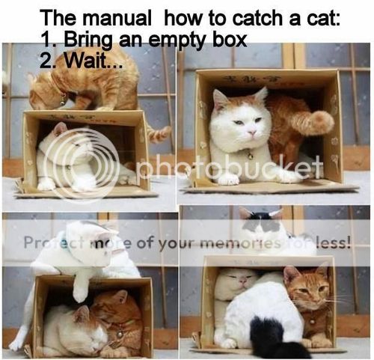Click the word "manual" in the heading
pyautogui.click(x=118, y=19)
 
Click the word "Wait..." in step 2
pyautogui.click(x=93, y=61)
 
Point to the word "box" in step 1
pyautogui.click(x=229, y=39)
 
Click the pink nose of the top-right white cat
pyautogui.click(x=253, y=132)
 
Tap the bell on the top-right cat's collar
pyautogui.click(x=249, y=156)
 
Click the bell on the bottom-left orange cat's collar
pyautogui.click(x=120, y=335)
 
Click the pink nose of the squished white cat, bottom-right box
pyautogui.click(x=242, y=282)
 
